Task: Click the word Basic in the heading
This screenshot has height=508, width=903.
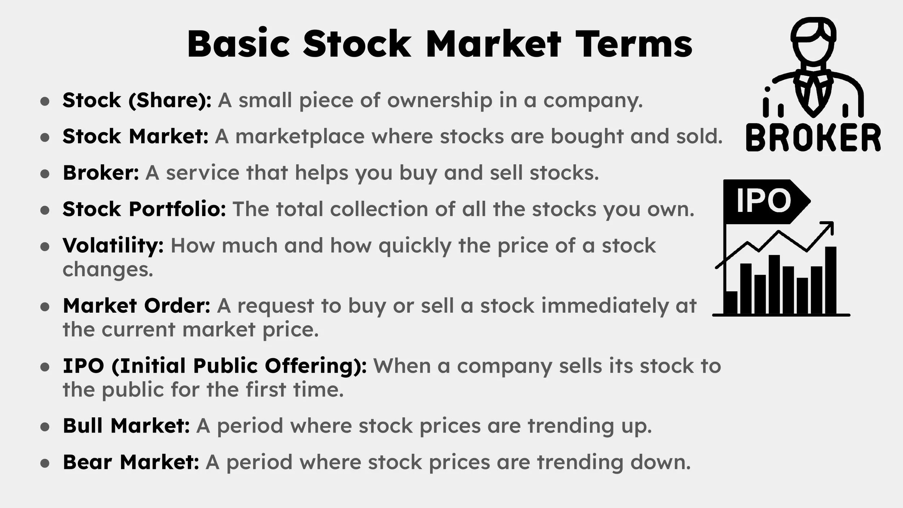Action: point(238,44)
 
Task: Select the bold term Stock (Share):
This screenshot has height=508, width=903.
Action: point(137,100)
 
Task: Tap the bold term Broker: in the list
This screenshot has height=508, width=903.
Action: point(101,173)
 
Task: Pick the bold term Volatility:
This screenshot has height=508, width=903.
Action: point(113,246)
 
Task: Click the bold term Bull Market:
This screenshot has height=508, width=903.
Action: point(126,426)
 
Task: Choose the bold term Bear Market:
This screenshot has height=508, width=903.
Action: point(131,462)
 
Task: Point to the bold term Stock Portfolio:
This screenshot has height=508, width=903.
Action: point(144,209)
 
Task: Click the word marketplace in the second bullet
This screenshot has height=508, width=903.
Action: point(300,136)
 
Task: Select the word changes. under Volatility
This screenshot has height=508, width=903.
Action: point(108,269)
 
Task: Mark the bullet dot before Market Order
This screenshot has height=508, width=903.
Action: point(45,307)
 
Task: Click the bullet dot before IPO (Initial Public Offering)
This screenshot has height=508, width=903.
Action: point(45,366)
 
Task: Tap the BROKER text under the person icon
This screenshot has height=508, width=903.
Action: point(813,138)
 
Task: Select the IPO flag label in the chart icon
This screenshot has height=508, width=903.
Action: point(763,200)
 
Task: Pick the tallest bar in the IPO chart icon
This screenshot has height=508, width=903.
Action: point(830,280)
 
